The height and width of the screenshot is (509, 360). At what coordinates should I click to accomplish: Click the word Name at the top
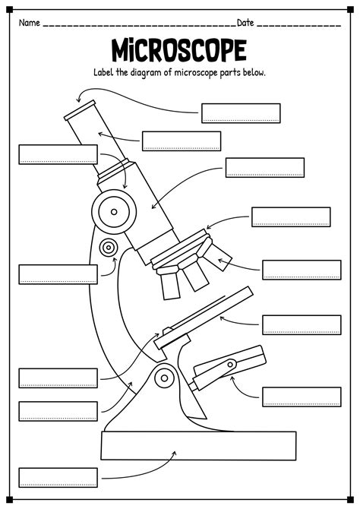(x=29, y=22)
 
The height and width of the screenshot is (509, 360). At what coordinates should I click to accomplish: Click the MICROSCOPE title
(x=179, y=51)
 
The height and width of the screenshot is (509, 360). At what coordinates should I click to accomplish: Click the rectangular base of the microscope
(x=197, y=444)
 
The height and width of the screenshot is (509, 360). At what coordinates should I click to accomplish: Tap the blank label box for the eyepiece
(x=241, y=113)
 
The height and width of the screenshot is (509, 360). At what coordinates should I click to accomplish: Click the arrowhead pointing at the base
(x=174, y=454)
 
